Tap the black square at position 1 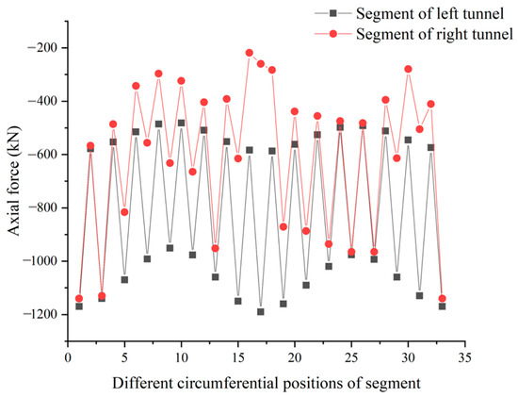pos(79,306)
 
